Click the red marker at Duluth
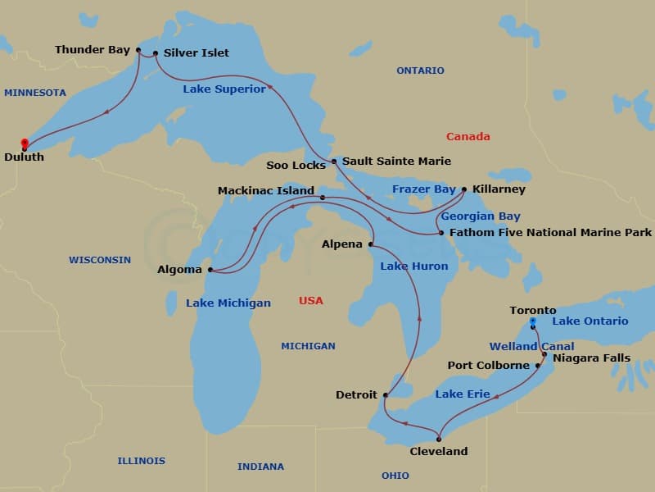coord(25,143)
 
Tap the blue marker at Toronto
coord(532,322)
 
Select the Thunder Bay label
coord(93,51)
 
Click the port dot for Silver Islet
coord(156,53)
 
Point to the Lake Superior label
coord(224,89)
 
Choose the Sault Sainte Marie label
coord(396,162)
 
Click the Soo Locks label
coord(296,166)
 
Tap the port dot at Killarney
coord(464,189)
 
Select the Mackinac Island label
coord(266,191)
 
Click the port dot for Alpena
coord(371,244)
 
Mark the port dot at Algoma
coord(210,269)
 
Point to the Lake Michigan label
coord(228,303)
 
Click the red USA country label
coord(310,301)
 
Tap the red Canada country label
coord(468,137)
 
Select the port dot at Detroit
coord(385,394)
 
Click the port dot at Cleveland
coord(439,440)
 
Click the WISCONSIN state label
coord(99,260)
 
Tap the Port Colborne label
coord(489,366)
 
